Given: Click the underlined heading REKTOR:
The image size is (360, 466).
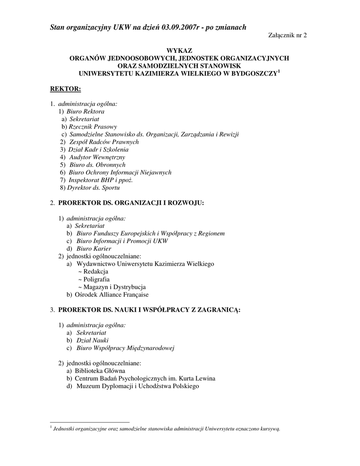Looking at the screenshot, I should coord(65,88).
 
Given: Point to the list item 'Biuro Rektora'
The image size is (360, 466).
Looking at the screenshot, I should coord(86,111).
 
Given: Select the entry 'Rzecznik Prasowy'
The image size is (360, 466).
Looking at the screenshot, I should coord(93,127).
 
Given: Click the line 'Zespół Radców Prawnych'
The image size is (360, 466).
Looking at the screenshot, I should coord(104,142).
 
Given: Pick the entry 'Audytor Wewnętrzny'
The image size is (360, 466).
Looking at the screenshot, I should coord(93,157).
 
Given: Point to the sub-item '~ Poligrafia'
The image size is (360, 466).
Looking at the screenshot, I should coord(94,279).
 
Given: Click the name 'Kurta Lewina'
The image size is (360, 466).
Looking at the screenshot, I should coord(197,379).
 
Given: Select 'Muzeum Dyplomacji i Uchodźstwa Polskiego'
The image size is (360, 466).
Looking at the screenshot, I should coord(138,386).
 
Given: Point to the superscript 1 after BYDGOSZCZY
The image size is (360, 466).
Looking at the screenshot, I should coord(279,71).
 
